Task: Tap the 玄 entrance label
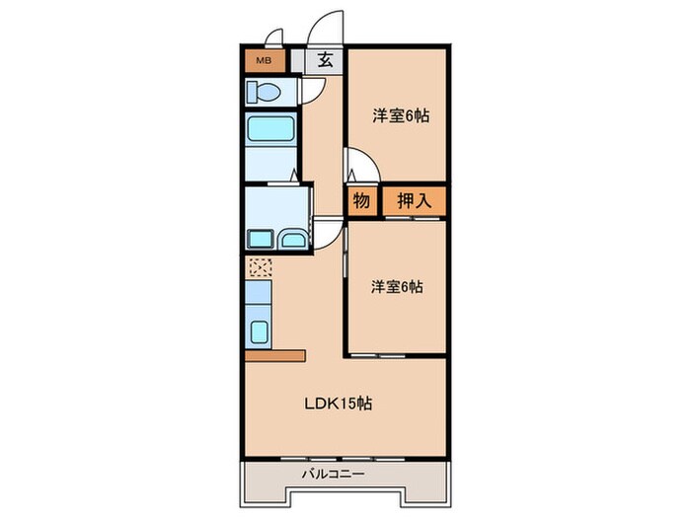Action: pyautogui.click(x=325, y=59)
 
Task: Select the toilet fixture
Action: pyautogui.click(x=266, y=93)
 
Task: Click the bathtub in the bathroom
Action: pyautogui.click(x=269, y=132)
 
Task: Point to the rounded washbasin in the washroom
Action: pyautogui.click(x=293, y=238)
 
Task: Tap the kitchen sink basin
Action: pyautogui.click(x=259, y=332)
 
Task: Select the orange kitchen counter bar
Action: pyautogui.click(x=276, y=354)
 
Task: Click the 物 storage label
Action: pyautogui.click(x=361, y=200)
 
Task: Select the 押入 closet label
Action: pyautogui.click(x=413, y=200)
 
